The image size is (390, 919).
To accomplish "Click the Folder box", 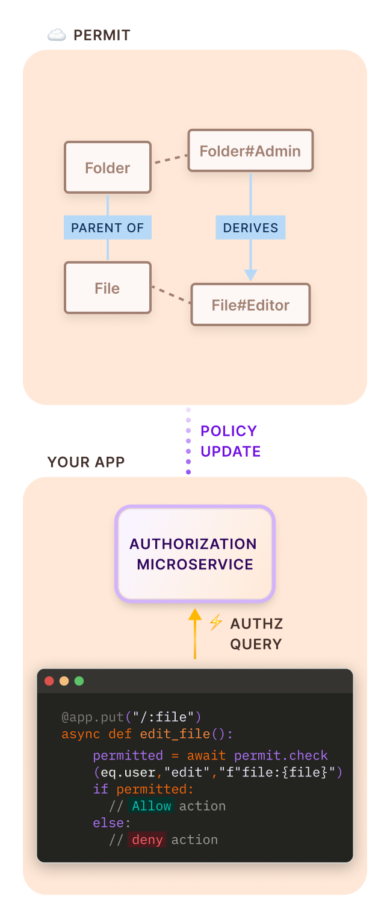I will click(x=107, y=167).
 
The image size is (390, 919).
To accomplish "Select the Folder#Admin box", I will click(x=250, y=150).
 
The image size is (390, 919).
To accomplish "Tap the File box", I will click(x=107, y=288).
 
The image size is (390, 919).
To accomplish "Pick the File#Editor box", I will click(x=250, y=305).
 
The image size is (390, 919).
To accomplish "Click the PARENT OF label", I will click(x=107, y=227).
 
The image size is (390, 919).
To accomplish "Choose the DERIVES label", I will click(x=250, y=227).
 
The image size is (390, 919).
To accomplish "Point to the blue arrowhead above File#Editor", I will click(x=250, y=275).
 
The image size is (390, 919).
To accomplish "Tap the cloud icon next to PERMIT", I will click(x=57, y=36).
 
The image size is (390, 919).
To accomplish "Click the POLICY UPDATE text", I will click(x=230, y=441).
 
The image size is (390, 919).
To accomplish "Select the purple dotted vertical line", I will click(x=188, y=441).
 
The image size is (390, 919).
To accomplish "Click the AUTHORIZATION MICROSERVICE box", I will click(x=194, y=554).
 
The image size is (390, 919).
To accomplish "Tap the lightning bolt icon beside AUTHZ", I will click(x=215, y=622).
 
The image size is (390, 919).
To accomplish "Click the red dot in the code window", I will click(x=49, y=681).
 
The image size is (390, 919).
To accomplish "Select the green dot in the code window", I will click(x=79, y=681).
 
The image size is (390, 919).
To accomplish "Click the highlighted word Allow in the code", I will click(x=152, y=806).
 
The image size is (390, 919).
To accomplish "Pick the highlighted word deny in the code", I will click(x=147, y=840).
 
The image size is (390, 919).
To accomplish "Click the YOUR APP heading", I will click(x=86, y=462).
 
